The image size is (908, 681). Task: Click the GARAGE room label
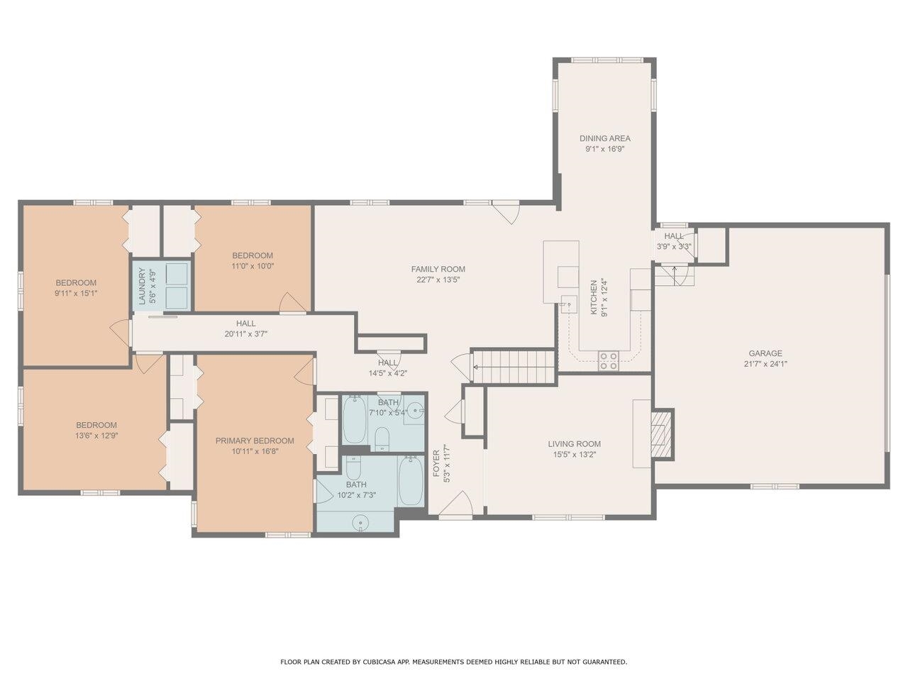pos(765,353)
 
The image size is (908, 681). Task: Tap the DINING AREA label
pos(605,138)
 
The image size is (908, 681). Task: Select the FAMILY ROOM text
pos(438,269)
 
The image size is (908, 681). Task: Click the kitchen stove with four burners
pos(609,360)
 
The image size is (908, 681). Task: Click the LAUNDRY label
pos(143,286)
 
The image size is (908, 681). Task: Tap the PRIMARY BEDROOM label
pos(255,441)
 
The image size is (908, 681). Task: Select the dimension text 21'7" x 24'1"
pos(765,365)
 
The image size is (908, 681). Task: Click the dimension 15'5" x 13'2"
pos(574,455)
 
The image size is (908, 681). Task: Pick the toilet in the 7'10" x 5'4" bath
pos(382,439)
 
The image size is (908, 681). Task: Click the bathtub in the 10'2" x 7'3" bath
pos(410,480)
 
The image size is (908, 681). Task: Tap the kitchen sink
pos(569,304)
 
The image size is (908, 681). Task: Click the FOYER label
pos(436,463)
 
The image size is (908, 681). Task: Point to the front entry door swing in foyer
pos(457,504)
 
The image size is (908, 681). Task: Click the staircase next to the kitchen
pos(514,367)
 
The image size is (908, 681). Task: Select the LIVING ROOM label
pos(574,444)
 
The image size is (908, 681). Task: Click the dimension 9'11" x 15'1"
pos(76,294)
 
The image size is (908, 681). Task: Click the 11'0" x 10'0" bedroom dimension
pos(253,266)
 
